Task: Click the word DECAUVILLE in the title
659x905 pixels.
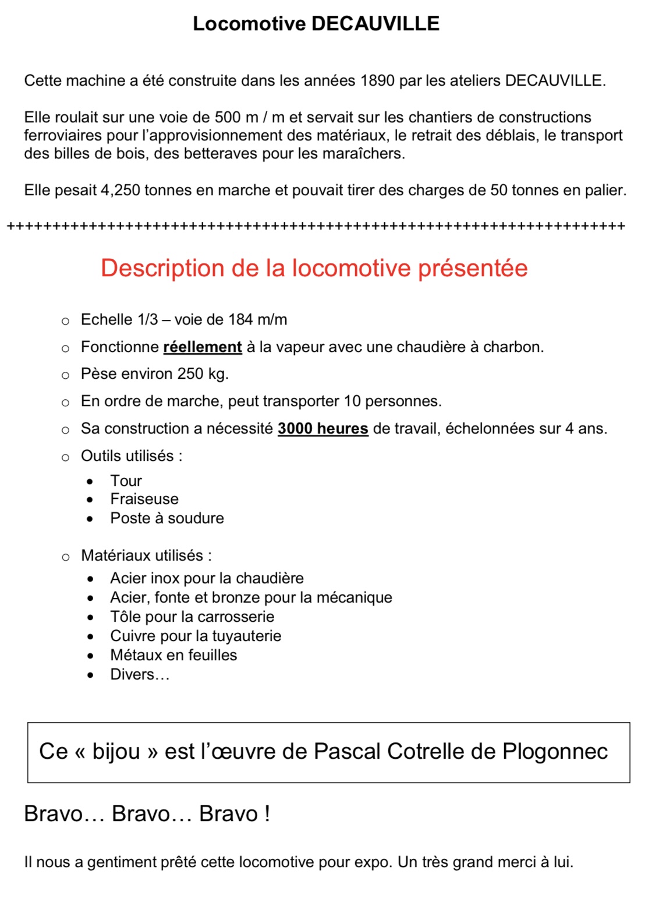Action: coord(375,24)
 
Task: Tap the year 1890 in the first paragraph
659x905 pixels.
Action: coord(377,80)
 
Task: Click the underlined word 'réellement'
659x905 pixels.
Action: coord(202,347)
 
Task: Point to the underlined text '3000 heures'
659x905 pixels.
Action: coord(323,429)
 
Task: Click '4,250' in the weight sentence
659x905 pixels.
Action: coord(121,191)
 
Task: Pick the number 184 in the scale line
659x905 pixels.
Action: coord(240,320)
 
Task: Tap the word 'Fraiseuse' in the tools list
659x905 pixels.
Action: coord(144,499)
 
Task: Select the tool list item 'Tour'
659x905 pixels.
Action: coord(126,481)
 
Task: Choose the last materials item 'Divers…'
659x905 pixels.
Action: coord(140,675)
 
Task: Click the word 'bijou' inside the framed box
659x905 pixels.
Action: coord(116,752)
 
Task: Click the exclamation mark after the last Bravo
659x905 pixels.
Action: coord(267,814)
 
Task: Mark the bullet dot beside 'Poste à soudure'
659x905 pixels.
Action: coord(90,519)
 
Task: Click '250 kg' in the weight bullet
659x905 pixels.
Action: coord(202,374)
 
